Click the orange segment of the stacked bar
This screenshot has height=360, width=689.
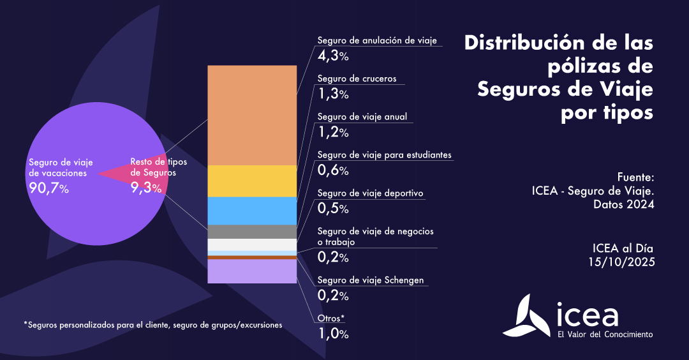tap(252, 115)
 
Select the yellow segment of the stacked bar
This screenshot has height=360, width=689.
tap(252, 181)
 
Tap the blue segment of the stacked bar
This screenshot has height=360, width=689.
tap(252, 211)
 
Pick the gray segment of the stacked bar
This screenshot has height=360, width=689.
tap(252, 232)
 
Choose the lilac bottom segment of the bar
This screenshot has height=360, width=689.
tap(252, 271)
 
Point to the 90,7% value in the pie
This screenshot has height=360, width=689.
tap(48, 188)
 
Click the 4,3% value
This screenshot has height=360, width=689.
tap(333, 56)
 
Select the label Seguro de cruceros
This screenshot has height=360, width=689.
tap(357, 79)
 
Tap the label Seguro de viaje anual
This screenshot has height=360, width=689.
tap(362, 117)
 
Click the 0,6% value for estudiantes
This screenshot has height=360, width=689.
tap(333, 170)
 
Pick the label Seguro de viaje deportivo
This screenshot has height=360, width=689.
tap(370, 193)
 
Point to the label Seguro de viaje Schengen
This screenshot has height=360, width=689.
tap(370, 280)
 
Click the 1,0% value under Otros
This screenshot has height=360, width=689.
tap(333, 333)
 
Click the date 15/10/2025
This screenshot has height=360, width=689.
tap(621, 262)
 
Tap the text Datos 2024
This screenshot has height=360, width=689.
tap(623, 205)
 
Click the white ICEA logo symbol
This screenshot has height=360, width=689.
tap(524, 317)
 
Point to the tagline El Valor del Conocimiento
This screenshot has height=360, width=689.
tap(605, 334)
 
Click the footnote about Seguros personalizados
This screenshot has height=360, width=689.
tap(152, 325)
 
